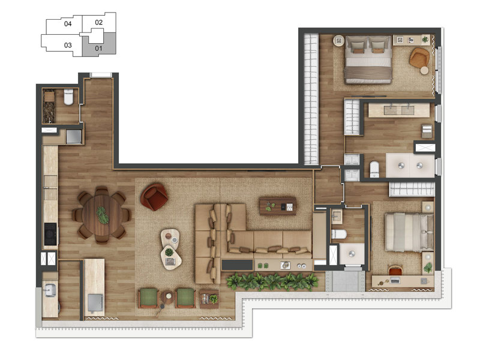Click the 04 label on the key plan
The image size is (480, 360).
tap(68, 25)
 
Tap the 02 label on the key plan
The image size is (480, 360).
tap(99, 22)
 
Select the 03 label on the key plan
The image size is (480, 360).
tap(68, 44)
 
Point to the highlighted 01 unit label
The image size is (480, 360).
tap(98, 47)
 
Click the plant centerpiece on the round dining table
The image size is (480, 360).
tap(103, 215)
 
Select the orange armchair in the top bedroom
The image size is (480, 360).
tap(419, 58)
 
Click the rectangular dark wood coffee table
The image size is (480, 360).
tap(277, 206)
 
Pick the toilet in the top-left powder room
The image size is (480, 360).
tap(69, 96)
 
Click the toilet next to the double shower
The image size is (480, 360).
tap(373, 169)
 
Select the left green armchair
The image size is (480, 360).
tap(148, 297)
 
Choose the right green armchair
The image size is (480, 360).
tap(185, 297)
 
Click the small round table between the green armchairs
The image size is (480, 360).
tap(167, 296)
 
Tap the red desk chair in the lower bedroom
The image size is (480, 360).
tap(394, 272)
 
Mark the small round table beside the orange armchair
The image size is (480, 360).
tap(425, 70)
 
